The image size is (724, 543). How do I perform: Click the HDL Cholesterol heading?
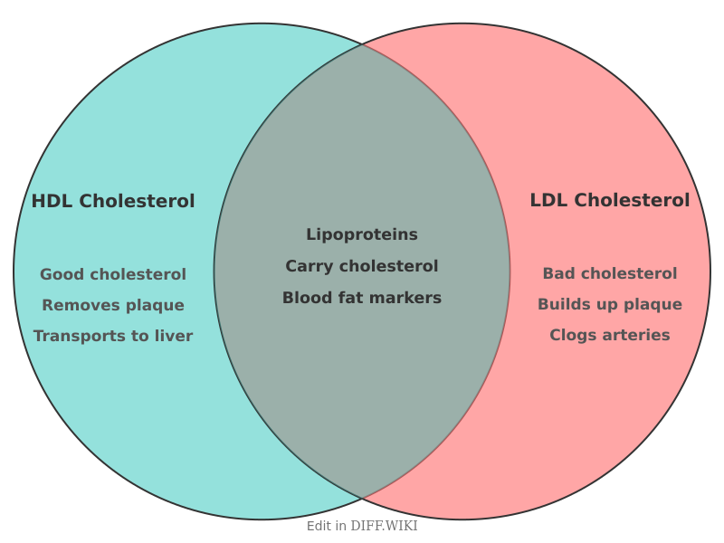(113, 201)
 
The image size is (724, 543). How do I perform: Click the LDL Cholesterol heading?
(609, 200)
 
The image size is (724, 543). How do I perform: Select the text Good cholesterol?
(113, 274)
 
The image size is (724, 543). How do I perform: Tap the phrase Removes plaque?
(113, 305)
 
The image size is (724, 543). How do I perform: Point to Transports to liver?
(113, 336)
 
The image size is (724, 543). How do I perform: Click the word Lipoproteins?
(362, 234)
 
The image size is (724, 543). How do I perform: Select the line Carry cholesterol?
(362, 266)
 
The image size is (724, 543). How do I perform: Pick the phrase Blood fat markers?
(362, 298)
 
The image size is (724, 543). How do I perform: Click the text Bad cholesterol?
(609, 273)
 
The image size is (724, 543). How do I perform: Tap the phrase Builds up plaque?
(609, 304)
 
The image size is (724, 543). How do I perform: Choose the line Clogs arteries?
(609, 335)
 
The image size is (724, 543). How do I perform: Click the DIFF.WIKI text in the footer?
(384, 526)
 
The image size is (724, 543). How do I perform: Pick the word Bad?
(558, 273)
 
